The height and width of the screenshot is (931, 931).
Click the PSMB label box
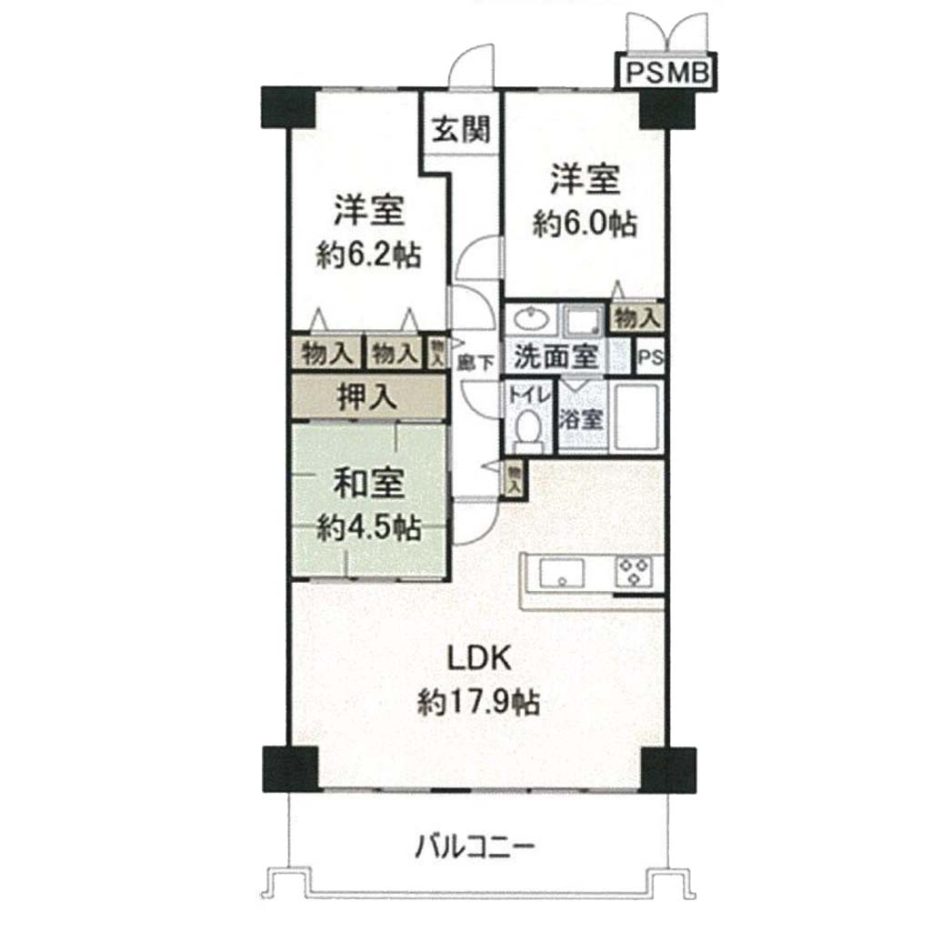(x=666, y=72)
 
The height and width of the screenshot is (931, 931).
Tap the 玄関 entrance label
(x=461, y=129)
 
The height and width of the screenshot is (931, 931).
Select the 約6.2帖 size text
(x=369, y=255)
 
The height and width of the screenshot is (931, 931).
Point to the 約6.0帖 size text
(x=585, y=225)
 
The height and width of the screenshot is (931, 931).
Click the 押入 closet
(x=368, y=396)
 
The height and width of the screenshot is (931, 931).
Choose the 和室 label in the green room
(x=369, y=483)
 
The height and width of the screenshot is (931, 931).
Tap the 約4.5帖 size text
(x=369, y=527)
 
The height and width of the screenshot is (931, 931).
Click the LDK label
(x=478, y=658)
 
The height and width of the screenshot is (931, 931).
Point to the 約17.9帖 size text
(x=478, y=703)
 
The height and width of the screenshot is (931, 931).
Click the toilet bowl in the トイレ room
(x=527, y=430)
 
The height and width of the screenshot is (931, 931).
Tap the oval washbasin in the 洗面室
(x=532, y=320)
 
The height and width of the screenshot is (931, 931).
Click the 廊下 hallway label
(x=476, y=362)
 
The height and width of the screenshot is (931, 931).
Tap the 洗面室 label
(x=556, y=355)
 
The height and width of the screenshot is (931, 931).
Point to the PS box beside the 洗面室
(x=650, y=356)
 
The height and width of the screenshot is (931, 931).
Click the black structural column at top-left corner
(x=288, y=107)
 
